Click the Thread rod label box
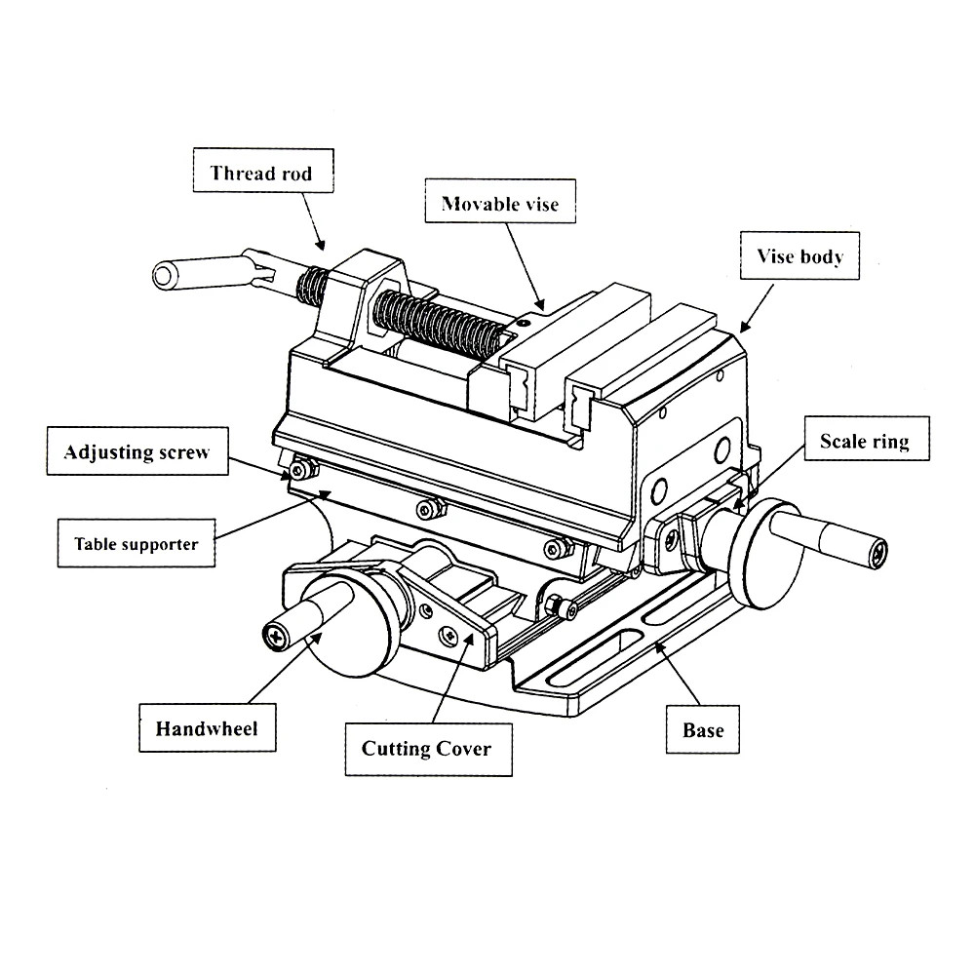pyautogui.click(x=262, y=175)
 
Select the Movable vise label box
pyautogui.click(x=500, y=204)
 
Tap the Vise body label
pyautogui.click(x=800, y=257)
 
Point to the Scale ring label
pyautogui.click(x=864, y=442)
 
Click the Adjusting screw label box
pyautogui.click(x=136, y=452)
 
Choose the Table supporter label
pyautogui.click(x=136, y=544)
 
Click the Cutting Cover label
pyautogui.click(x=426, y=749)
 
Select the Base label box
pyautogui.click(x=703, y=729)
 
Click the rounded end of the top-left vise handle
pyautogui.click(x=166, y=275)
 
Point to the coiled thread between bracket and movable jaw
pyautogui.click(x=439, y=322)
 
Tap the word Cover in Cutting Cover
pyautogui.click(x=462, y=749)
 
